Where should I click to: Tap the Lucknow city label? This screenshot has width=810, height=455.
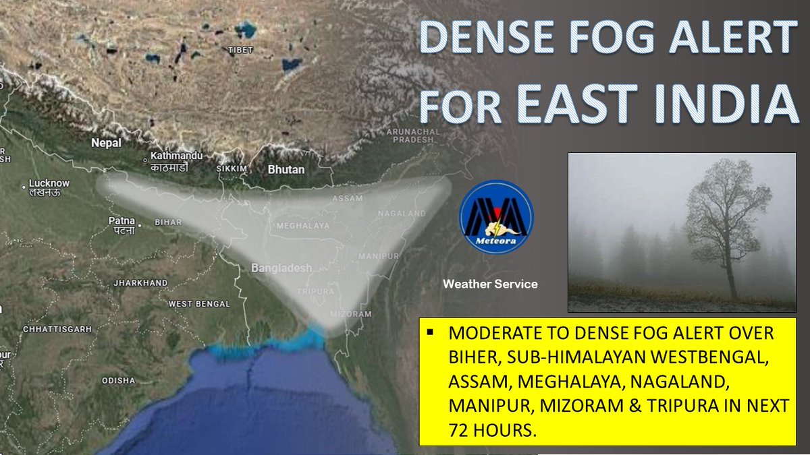pyautogui.click(x=49, y=183)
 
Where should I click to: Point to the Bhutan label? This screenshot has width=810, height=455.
pyautogui.click(x=286, y=170)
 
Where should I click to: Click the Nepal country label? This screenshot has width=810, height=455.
pyautogui.click(x=107, y=143)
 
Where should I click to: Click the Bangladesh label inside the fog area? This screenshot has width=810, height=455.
pyautogui.click(x=281, y=268)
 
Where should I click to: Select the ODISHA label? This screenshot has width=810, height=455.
pyautogui.click(x=119, y=380)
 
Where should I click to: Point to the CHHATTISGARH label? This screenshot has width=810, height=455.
pyautogui.click(x=57, y=328)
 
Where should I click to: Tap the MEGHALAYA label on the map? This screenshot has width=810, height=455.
pyautogui.click(x=300, y=226)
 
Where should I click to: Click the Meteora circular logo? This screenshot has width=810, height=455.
pyautogui.click(x=496, y=216)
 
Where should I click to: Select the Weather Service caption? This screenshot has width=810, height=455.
pyautogui.click(x=490, y=284)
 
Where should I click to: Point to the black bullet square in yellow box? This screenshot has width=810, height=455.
pyautogui.click(x=429, y=332)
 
